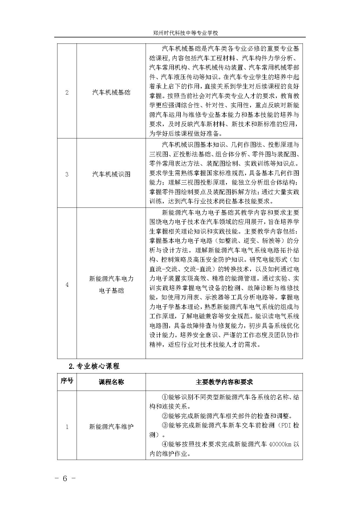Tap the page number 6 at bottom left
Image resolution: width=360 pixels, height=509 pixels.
(65, 478)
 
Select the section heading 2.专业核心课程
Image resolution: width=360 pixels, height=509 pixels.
(94, 366)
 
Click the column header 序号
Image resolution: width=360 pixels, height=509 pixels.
(67, 381)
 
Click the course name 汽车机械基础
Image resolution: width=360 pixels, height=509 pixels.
(111, 93)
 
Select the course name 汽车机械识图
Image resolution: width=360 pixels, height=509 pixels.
(111, 174)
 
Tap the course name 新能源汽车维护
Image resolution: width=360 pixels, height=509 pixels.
(111, 427)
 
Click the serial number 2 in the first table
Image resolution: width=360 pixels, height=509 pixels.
(67, 93)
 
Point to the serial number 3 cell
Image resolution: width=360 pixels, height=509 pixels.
(67, 174)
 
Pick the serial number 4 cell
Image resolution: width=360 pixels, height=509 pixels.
(67, 284)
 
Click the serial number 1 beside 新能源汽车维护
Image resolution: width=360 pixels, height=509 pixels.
(67, 427)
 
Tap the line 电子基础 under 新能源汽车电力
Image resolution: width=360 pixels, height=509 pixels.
(111, 290)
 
